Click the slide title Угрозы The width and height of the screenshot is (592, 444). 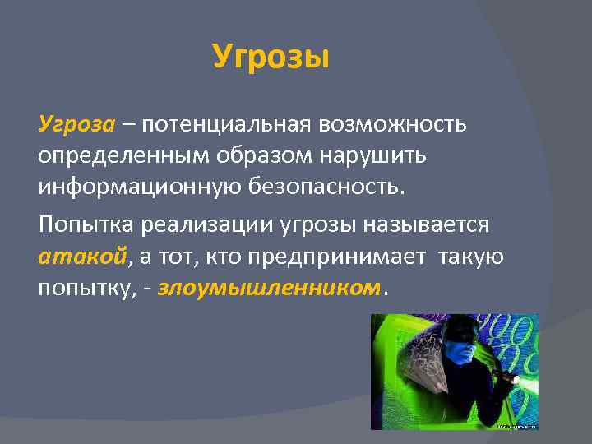coord(271,58)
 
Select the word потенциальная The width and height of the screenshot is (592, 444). coord(217,124)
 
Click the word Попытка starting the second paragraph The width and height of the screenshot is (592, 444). coord(87,224)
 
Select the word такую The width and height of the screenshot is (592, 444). coord(472,257)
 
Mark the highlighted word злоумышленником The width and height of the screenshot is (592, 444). coord(269,289)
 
